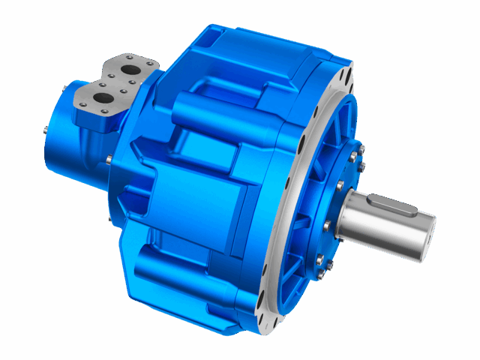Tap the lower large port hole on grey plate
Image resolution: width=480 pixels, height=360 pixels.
pyautogui.click(x=101, y=97)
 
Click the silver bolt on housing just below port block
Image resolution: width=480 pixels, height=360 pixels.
pyautogui.click(x=109, y=158)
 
